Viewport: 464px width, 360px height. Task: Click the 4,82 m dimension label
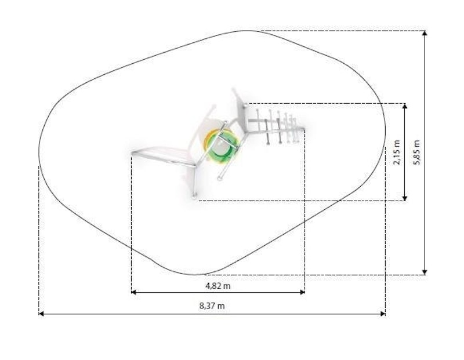[x=218, y=286]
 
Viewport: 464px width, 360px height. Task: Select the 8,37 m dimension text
[x=212, y=306]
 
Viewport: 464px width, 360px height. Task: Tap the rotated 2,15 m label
[x=397, y=152]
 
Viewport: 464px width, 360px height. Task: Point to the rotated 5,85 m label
[x=416, y=152]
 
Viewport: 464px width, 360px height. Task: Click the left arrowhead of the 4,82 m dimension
[x=133, y=292]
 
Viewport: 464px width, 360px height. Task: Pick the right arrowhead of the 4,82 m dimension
[x=302, y=292]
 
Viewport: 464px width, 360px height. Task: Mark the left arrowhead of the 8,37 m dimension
[x=41, y=314]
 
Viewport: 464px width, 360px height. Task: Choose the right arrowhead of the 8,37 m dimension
[x=383, y=314]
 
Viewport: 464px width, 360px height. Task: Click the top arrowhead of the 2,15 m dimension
[x=405, y=106]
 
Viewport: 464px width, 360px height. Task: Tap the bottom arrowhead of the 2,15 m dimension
[x=405, y=198]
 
